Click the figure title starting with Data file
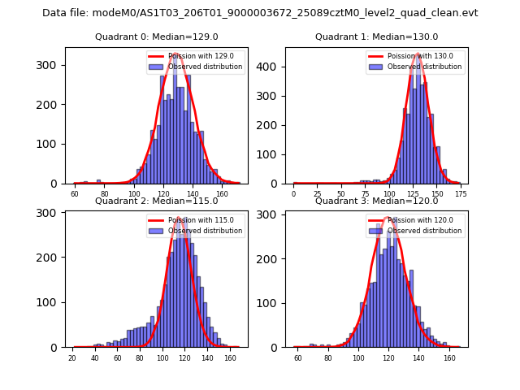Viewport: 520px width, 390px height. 260,13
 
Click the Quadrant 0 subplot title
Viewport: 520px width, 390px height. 156,37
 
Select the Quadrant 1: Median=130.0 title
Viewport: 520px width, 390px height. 376,37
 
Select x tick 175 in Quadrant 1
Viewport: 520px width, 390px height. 461,194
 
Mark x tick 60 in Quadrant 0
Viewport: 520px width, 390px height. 75,194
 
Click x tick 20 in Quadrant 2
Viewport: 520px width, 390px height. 72,358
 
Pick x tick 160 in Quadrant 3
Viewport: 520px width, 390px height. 449,358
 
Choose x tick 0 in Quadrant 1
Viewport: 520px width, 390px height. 294,194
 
